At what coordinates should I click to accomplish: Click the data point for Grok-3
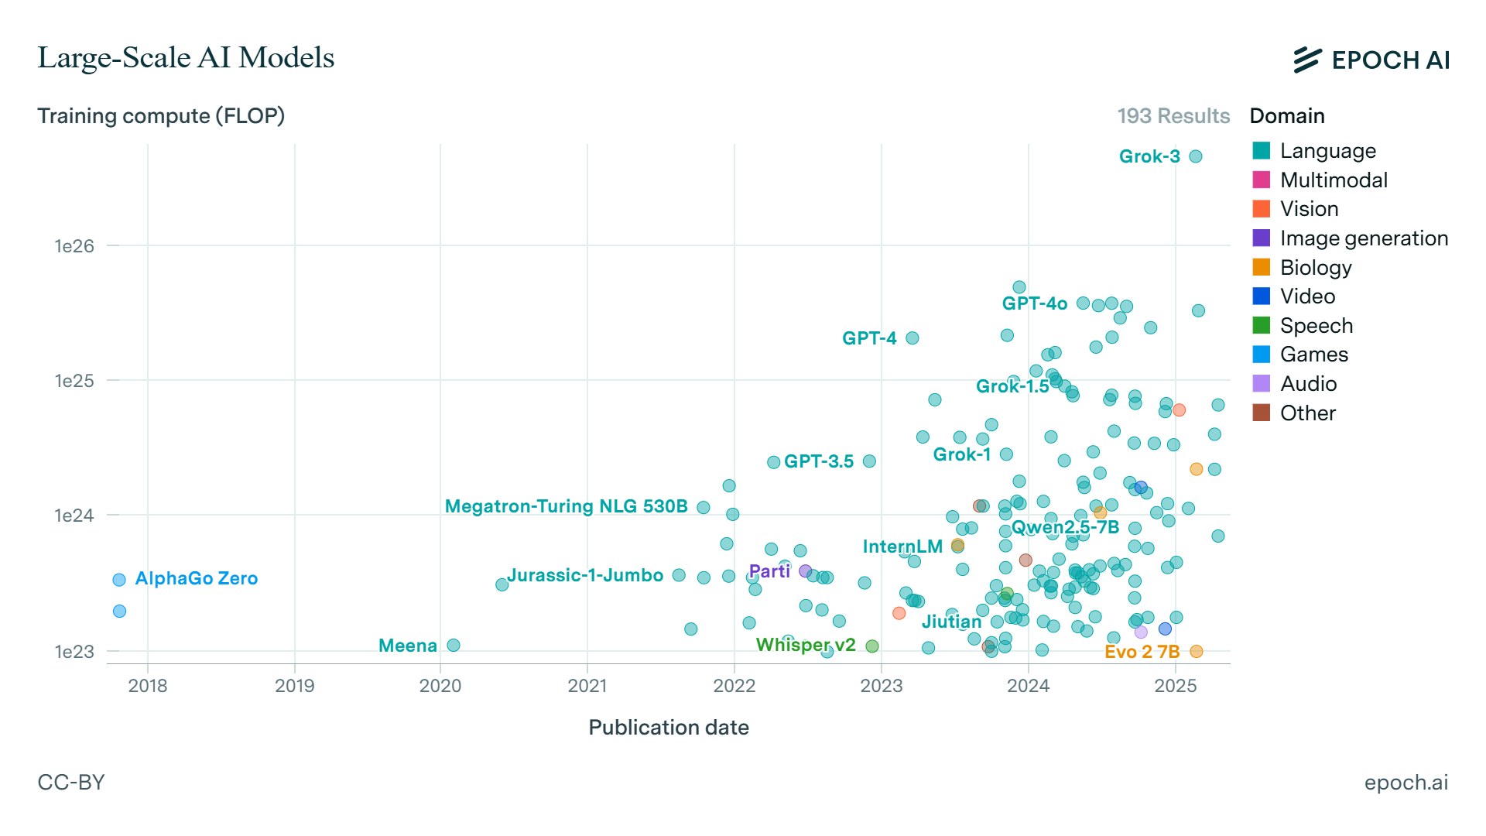[x=1195, y=156]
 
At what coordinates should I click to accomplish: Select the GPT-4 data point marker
[x=912, y=338]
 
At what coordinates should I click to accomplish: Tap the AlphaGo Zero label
[x=197, y=578]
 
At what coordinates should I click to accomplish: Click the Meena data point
[x=454, y=646]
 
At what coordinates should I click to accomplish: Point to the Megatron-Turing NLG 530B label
[x=567, y=506]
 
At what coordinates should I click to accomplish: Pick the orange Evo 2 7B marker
[x=1196, y=652]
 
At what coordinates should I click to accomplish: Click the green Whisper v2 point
[x=872, y=646]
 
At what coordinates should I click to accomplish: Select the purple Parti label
[x=769, y=571]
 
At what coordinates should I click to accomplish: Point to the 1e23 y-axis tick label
[x=74, y=652]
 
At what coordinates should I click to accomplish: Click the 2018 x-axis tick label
[x=148, y=686]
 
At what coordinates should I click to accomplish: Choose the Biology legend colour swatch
[x=1262, y=267]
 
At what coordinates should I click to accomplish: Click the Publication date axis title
[x=669, y=728]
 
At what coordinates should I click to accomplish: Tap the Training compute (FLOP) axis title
[x=161, y=116]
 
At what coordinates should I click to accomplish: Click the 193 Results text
[x=1173, y=116]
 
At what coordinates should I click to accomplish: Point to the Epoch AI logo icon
[x=1307, y=60]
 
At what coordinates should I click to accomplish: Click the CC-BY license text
[x=71, y=783]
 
